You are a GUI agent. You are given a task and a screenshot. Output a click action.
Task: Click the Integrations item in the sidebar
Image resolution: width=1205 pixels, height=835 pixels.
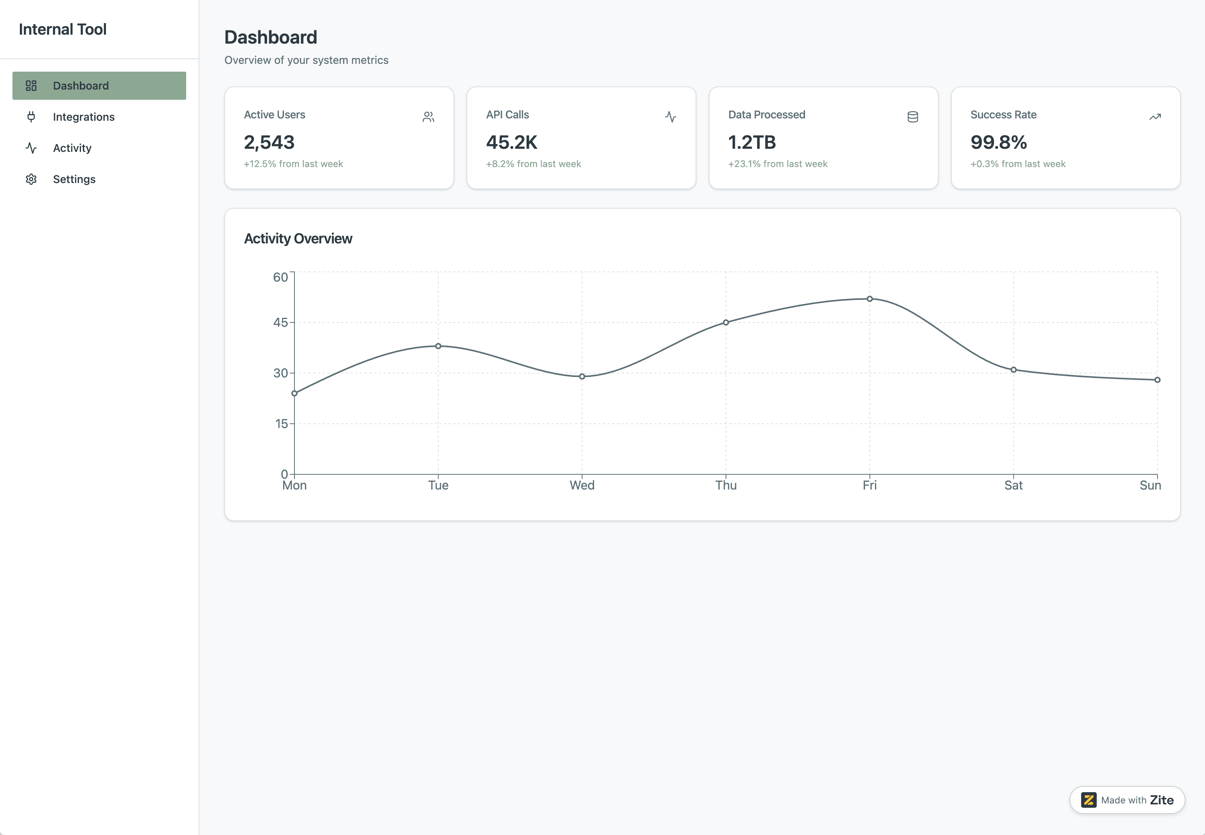point(83,117)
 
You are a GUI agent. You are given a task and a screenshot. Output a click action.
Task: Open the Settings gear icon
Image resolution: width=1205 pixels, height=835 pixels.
point(31,179)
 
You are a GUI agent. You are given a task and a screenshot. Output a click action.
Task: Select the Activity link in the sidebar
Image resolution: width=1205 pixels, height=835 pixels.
point(72,148)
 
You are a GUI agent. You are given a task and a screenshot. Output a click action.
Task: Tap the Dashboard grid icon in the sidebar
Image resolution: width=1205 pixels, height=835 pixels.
point(31,86)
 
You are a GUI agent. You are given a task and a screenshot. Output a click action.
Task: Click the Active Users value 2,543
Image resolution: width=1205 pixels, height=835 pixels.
point(269,142)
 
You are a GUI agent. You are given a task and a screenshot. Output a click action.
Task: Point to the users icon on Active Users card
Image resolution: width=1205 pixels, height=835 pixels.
point(428,117)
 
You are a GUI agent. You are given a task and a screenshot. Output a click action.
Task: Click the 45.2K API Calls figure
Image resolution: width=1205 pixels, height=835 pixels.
point(511,142)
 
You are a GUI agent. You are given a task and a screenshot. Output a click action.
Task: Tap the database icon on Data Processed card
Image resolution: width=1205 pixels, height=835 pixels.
point(913,117)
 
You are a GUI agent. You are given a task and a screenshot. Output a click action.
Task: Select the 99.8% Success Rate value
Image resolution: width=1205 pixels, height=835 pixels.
point(998,142)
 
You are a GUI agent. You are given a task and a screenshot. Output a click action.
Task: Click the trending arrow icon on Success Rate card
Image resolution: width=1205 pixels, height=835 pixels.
point(1155,117)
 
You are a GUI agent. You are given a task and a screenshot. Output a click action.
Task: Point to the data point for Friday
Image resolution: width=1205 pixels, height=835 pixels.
point(870,299)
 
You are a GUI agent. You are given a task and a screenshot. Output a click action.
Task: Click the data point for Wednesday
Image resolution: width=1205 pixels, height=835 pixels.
point(582,376)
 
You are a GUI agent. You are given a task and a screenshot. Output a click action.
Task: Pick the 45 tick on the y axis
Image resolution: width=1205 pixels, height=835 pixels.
point(280,322)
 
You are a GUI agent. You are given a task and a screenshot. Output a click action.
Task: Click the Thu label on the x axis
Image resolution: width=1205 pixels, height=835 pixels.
point(726,485)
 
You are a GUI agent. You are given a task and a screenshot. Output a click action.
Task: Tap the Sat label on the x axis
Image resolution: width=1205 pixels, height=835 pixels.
point(1013,485)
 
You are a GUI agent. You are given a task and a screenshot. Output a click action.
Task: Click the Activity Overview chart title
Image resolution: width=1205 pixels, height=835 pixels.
point(298,239)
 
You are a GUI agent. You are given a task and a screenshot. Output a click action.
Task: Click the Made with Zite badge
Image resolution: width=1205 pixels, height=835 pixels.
point(1127,800)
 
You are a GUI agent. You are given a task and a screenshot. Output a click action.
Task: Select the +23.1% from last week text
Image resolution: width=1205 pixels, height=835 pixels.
point(777,164)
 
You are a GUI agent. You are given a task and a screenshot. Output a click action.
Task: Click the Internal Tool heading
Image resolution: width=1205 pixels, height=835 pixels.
point(63,29)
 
